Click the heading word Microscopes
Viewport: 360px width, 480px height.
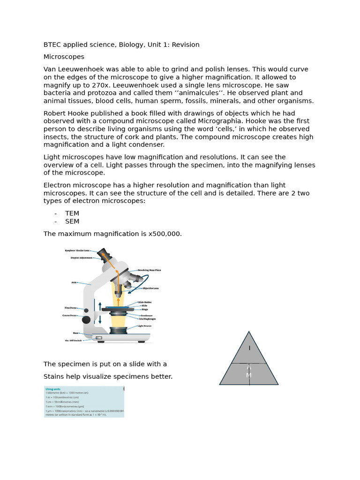(x=64, y=57)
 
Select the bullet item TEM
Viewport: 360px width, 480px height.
(x=72, y=213)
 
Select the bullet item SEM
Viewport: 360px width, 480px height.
(x=72, y=221)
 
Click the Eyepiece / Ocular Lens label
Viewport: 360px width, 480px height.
(x=77, y=251)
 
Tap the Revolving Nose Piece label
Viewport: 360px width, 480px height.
(x=149, y=270)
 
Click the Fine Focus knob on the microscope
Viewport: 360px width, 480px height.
(x=86, y=310)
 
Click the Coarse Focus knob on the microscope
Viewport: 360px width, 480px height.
(x=86, y=320)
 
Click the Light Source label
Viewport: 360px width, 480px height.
(x=144, y=326)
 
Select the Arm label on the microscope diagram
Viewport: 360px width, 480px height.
(x=74, y=283)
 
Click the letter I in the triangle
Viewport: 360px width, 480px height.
(x=249, y=348)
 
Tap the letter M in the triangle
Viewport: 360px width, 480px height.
(x=249, y=375)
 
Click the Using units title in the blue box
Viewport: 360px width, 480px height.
(x=52, y=389)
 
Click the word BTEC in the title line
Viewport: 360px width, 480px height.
(x=52, y=45)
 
